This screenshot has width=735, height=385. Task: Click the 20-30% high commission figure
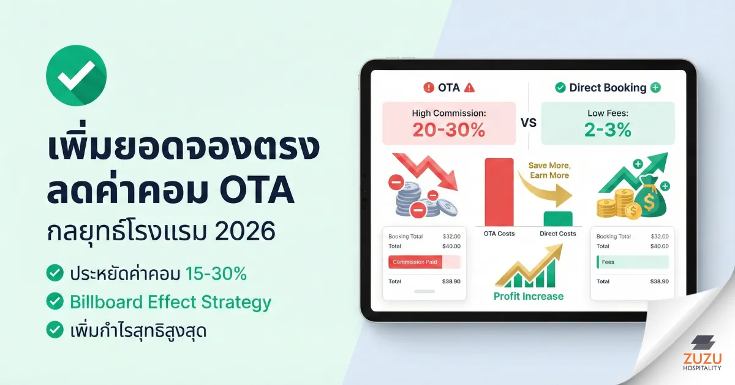point(448,129)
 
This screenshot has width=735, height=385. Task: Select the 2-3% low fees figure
point(607,129)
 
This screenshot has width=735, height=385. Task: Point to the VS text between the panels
point(528,123)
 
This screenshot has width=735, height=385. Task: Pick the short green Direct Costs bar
point(557,218)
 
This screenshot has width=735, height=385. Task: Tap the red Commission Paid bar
point(424,262)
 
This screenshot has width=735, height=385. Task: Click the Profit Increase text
point(529,296)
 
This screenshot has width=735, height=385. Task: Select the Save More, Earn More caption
point(549,170)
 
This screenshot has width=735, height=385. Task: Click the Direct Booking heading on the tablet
point(608,88)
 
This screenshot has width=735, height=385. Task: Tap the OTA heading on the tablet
point(448,88)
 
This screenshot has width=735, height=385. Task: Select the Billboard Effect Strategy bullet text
point(170,302)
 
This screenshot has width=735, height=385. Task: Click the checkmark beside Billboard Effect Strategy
point(55,302)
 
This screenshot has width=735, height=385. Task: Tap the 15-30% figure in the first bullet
point(216,273)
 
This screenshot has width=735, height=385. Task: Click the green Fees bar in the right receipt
point(633,262)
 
